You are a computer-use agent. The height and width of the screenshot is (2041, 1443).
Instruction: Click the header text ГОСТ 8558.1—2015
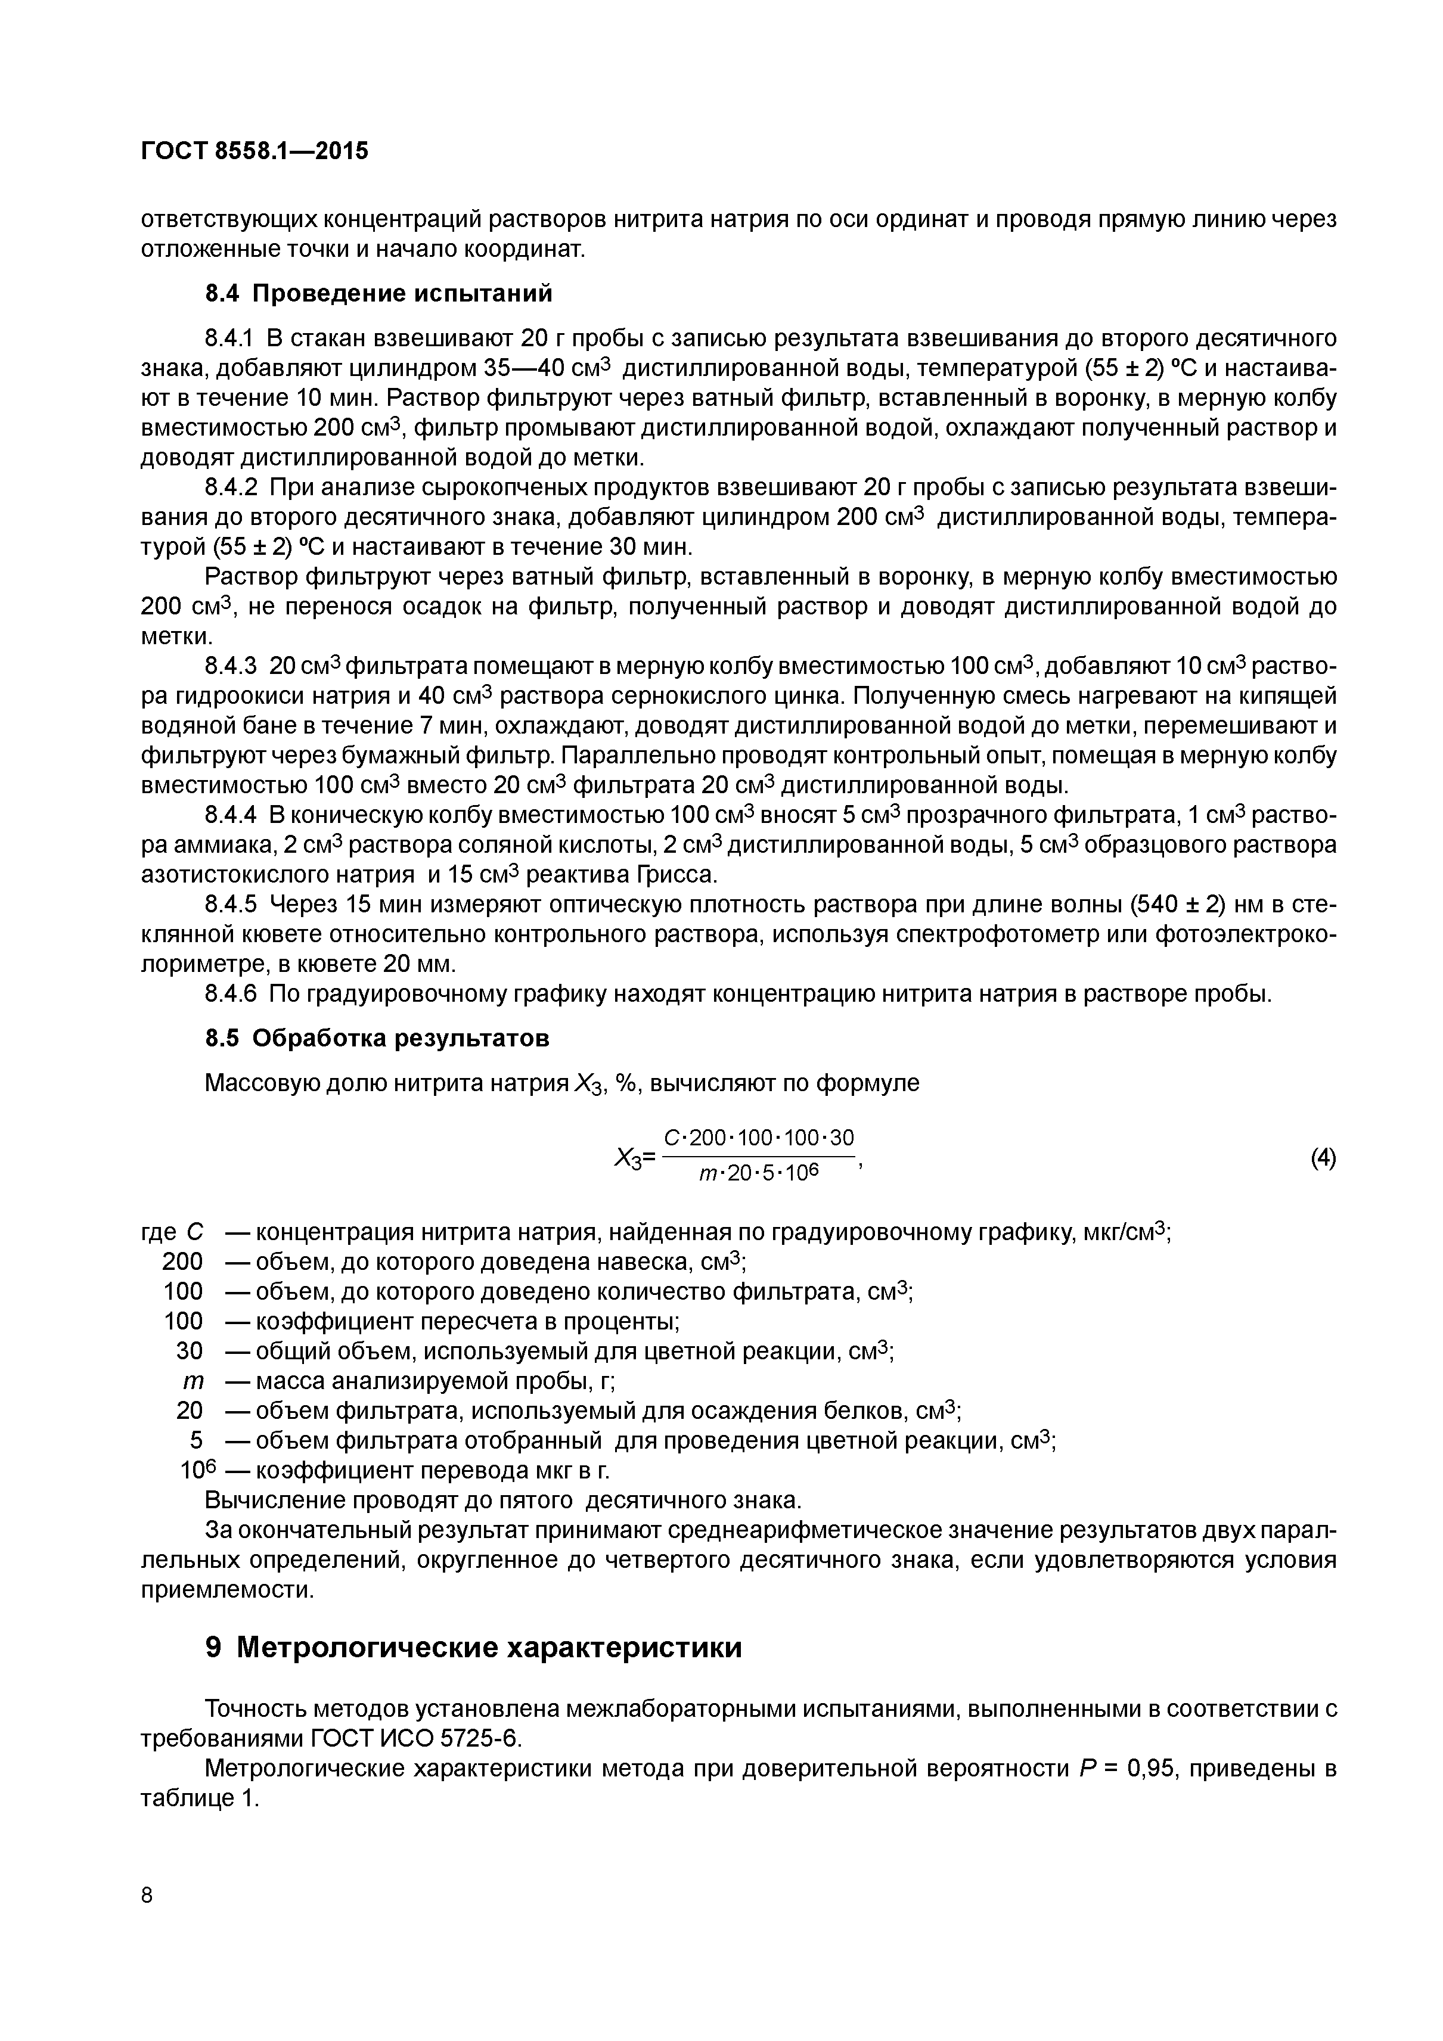(255, 151)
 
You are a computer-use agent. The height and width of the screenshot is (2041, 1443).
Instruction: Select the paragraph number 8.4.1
(229, 338)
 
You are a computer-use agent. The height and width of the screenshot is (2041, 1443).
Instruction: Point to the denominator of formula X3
(758, 1175)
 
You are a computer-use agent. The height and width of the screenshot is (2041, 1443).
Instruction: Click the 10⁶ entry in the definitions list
(194, 1471)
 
